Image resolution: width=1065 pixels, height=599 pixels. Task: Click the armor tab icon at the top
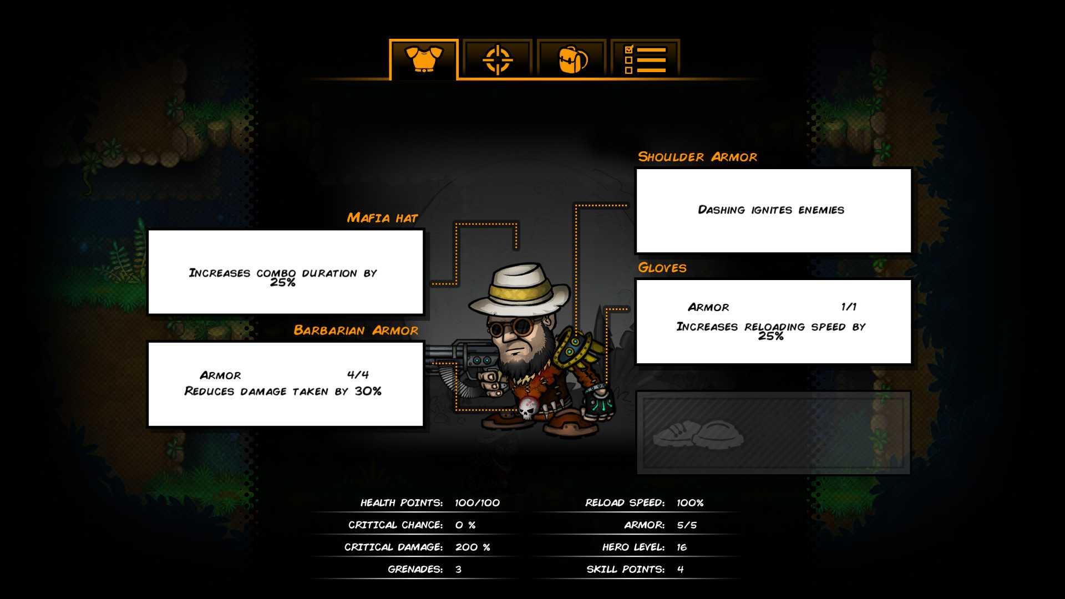(x=424, y=59)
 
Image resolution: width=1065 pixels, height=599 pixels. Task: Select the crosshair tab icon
(x=498, y=59)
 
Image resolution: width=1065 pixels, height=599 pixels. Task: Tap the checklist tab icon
(x=645, y=59)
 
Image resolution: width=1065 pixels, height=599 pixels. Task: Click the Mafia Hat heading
(x=382, y=218)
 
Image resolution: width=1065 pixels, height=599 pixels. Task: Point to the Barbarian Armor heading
(x=356, y=331)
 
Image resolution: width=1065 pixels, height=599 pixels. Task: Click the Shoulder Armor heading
(x=697, y=157)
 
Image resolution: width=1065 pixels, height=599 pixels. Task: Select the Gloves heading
(x=662, y=268)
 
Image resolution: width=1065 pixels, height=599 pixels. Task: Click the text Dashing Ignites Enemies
(x=771, y=210)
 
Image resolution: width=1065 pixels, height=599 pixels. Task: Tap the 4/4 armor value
(x=358, y=375)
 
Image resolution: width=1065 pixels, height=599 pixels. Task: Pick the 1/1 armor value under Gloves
(x=849, y=307)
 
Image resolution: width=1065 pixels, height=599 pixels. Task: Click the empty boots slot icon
(x=698, y=434)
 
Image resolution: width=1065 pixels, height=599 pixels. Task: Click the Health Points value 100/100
(x=477, y=502)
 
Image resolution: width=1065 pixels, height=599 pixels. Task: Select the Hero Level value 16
(x=682, y=547)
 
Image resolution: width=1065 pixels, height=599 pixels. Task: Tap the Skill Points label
(x=626, y=570)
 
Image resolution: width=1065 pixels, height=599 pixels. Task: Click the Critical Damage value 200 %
(x=473, y=547)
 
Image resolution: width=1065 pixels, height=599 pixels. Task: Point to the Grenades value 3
(x=458, y=570)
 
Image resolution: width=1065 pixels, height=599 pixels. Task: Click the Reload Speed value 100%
(x=690, y=502)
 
